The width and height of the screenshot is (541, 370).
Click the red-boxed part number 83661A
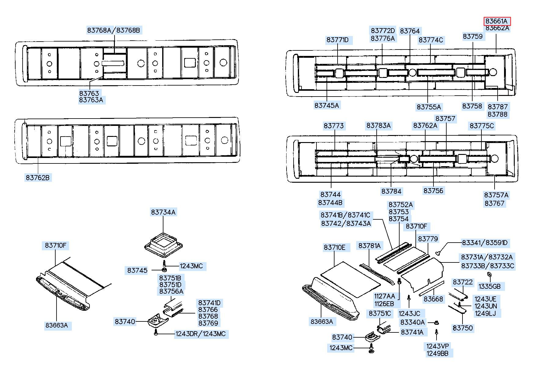click(x=496, y=21)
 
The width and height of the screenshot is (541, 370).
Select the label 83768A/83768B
click(x=114, y=30)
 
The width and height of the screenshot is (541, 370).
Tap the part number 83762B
click(x=38, y=177)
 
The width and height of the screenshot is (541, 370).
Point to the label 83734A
click(x=163, y=212)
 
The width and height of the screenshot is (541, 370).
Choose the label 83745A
click(x=327, y=105)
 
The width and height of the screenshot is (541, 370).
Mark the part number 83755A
click(x=429, y=107)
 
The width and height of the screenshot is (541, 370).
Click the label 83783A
click(x=378, y=126)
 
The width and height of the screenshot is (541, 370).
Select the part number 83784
click(x=391, y=191)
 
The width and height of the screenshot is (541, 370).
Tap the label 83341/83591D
click(x=485, y=243)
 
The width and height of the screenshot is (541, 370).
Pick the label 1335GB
click(x=490, y=286)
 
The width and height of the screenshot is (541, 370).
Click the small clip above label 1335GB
click(x=488, y=275)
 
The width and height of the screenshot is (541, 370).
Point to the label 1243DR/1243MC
click(x=201, y=334)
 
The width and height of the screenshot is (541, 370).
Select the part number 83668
click(x=433, y=299)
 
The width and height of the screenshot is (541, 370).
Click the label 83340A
click(x=413, y=322)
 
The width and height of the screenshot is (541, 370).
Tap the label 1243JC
click(x=409, y=313)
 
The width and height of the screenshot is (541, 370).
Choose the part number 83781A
click(x=370, y=246)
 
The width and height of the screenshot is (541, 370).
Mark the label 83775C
click(x=482, y=126)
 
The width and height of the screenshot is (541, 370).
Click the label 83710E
click(x=334, y=247)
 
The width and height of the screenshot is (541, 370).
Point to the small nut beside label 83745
click(x=164, y=270)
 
